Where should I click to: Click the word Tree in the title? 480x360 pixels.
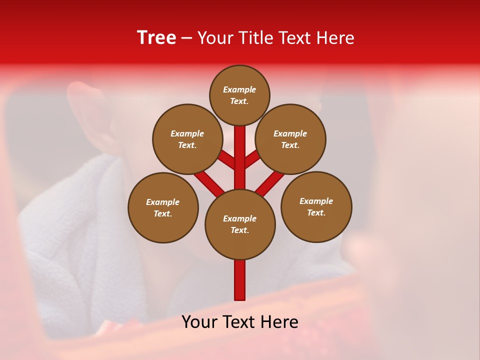point(156,38)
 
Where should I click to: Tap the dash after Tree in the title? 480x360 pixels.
point(186,38)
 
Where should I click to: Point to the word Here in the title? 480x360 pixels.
point(337,38)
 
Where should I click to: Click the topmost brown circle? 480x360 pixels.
point(239,95)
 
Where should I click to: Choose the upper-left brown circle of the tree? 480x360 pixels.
point(187,139)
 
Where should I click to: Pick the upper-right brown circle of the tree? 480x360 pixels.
point(290,139)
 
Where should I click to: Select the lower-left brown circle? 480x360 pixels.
point(163,207)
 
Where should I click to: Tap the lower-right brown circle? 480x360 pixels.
point(316,206)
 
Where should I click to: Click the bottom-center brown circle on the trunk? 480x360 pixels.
point(240,224)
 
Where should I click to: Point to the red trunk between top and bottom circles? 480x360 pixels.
point(240,157)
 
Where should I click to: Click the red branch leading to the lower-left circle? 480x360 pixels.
point(209,183)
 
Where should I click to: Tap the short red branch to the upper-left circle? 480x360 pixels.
point(227,160)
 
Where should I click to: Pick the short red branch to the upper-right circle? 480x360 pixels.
point(252,159)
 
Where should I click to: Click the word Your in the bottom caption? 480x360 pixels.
point(199,322)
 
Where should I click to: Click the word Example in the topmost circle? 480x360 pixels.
point(239,89)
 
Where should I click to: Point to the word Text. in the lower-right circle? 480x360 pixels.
point(316,212)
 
